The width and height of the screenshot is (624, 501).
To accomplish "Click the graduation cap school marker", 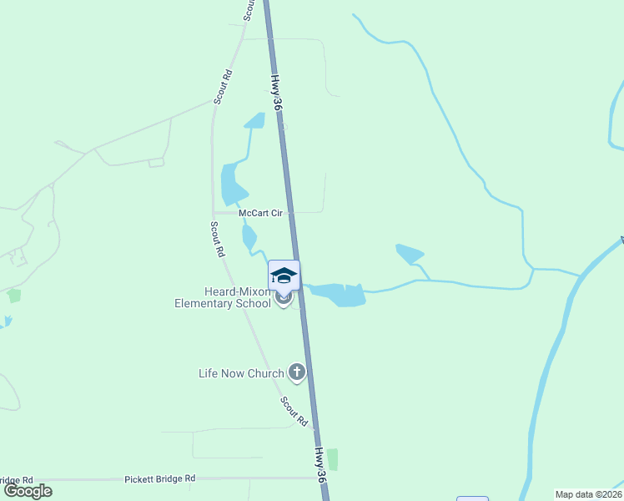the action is tap(284, 276).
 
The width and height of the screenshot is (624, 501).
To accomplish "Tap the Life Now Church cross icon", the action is tap(296, 372).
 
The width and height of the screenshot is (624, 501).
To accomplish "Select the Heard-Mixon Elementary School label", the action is tap(223, 297).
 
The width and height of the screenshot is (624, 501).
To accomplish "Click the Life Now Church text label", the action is tap(241, 373).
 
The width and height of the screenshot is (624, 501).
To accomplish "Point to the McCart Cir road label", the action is tap(262, 213).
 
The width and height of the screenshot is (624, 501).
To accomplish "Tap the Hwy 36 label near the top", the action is tap(277, 92).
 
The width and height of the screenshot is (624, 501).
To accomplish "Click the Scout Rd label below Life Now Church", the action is tap(295, 411).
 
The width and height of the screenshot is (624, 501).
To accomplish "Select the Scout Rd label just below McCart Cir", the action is tap(218, 239).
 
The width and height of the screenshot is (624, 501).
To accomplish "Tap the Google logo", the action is tap(28, 491).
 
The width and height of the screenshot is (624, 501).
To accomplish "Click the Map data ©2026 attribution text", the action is tap(588, 494).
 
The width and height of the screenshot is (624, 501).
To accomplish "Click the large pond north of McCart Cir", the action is tap(230, 182).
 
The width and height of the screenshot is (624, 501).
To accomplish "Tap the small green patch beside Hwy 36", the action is tap(333, 459).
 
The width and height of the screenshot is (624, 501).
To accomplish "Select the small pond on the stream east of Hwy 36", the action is tap(409, 253).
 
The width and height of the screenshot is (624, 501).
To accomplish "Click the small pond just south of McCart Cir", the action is tap(249, 236).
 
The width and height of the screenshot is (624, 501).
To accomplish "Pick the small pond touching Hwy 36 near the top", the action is tap(255, 120).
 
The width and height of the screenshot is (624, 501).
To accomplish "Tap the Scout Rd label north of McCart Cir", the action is tap(223, 87).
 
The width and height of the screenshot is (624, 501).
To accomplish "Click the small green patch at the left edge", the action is tap(13, 296).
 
